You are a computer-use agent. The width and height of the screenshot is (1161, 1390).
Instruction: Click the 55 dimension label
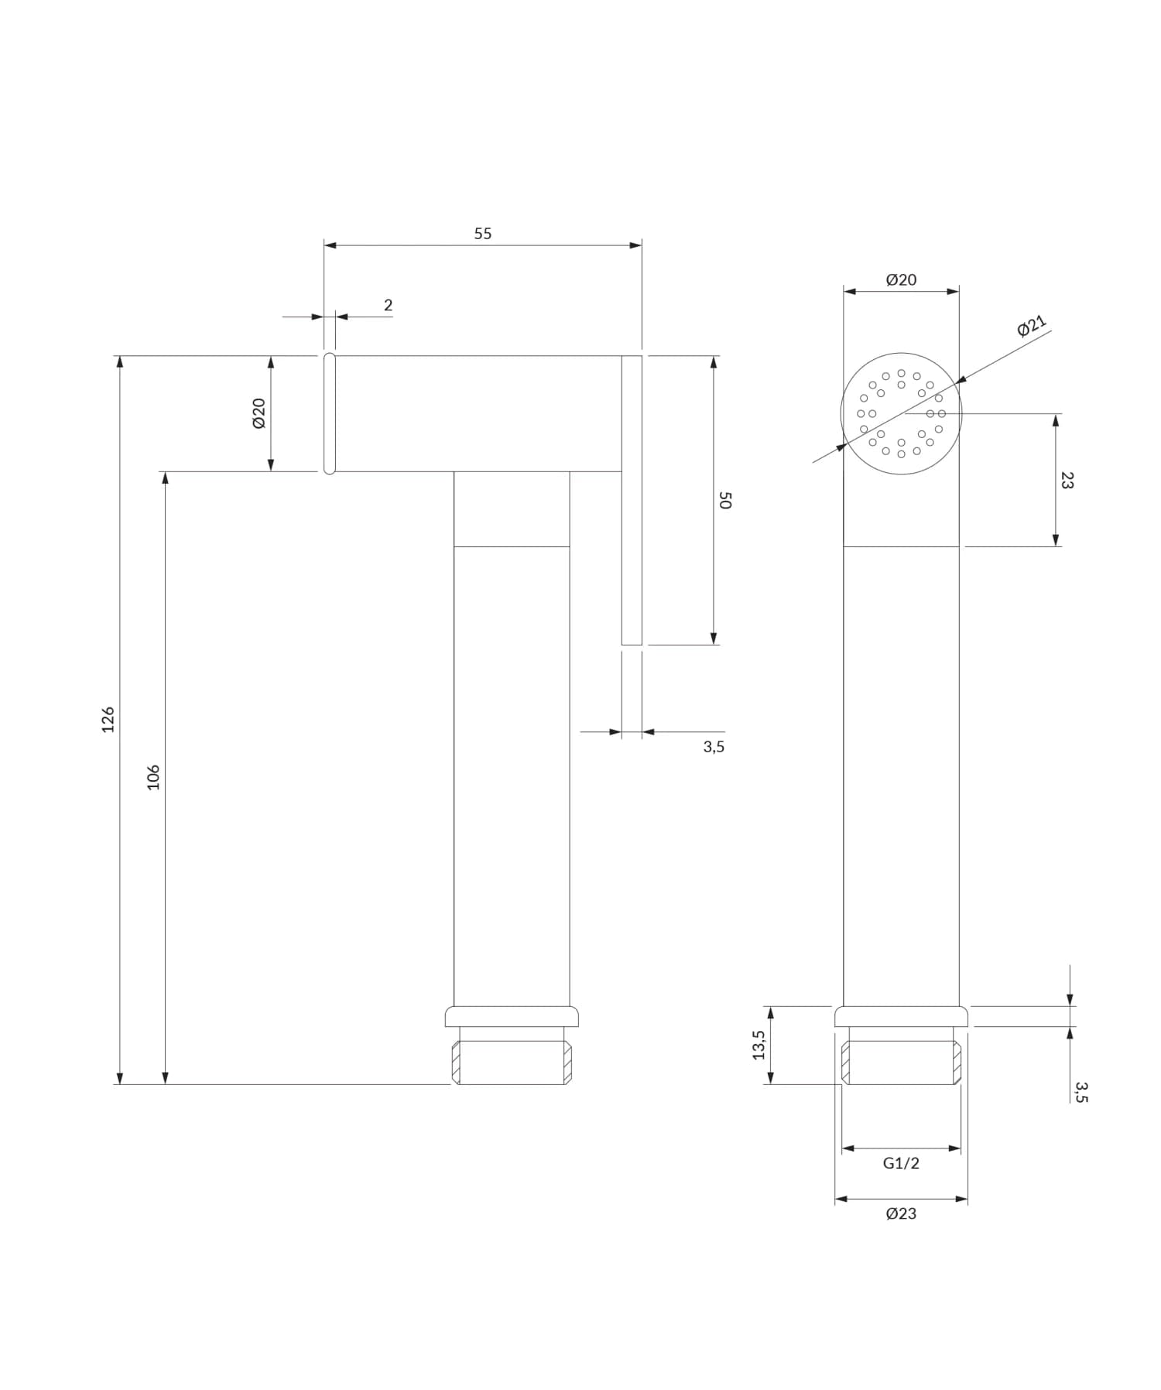[482, 234]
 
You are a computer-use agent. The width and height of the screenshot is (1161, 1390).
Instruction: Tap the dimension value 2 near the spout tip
[388, 305]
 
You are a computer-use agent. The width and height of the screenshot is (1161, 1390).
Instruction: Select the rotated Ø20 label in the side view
[259, 413]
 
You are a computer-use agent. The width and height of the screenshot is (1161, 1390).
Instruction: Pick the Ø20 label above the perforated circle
[901, 279]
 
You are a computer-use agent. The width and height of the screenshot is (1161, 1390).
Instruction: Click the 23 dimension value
[1067, 481]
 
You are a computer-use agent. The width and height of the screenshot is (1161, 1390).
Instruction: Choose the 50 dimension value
[725, 500]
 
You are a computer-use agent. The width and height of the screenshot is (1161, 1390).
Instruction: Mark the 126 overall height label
[108, 720]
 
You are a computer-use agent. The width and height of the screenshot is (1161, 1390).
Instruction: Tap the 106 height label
[153, 777]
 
